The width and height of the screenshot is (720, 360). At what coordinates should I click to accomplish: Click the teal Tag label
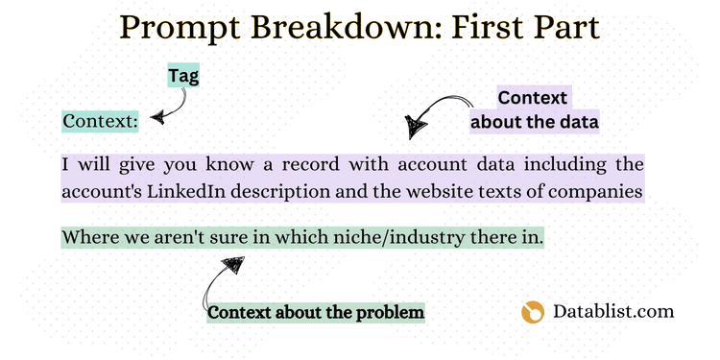pyautogui.click(x=181, y=77)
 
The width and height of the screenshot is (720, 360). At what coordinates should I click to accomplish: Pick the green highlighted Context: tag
pyautogui.click(x=101, y=122)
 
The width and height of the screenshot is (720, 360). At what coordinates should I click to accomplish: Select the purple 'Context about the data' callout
pyautogui.click(x=534, y=109)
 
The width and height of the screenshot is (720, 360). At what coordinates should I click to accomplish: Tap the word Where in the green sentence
pyautogui.click(x=89, y=237)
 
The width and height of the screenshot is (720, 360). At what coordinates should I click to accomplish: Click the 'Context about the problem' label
pyautogui.click(x=316, y=312)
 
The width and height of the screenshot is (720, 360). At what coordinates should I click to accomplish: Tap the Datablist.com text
pyautogui.click(x=613, y=311)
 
